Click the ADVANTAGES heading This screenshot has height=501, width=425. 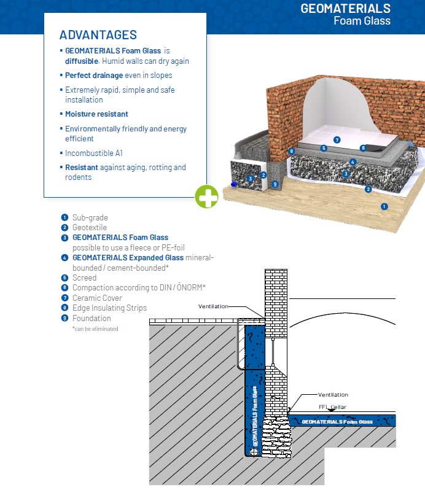click(98, 35)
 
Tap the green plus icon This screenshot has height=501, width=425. click(207, 196)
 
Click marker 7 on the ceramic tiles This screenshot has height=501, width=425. click(337, 140)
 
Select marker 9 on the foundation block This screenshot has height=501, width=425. click(275, 184)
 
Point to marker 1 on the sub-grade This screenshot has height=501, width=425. click(384, 206)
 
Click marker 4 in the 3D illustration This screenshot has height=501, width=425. click(353, 162)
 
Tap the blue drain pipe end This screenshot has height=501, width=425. click(234, 184)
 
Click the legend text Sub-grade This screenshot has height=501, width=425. click(90, 217)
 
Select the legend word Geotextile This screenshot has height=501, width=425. click(90, 228)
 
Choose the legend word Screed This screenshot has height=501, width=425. click(84, 278)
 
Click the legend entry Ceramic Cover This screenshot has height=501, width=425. click(97, 298)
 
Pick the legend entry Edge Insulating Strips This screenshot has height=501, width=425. click(109, 308)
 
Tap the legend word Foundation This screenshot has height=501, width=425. click(92, 318)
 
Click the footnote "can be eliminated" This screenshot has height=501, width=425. click(95, 329)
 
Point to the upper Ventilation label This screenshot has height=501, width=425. click(213, 306)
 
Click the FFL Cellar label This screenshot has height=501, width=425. click(332, 407)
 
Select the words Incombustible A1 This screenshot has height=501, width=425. click(94, 153)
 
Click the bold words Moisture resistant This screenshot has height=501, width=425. click(96, 114)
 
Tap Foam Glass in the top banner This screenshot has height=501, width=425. click(362, 21)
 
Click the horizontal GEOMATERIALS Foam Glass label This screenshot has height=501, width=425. click(337, 422)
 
